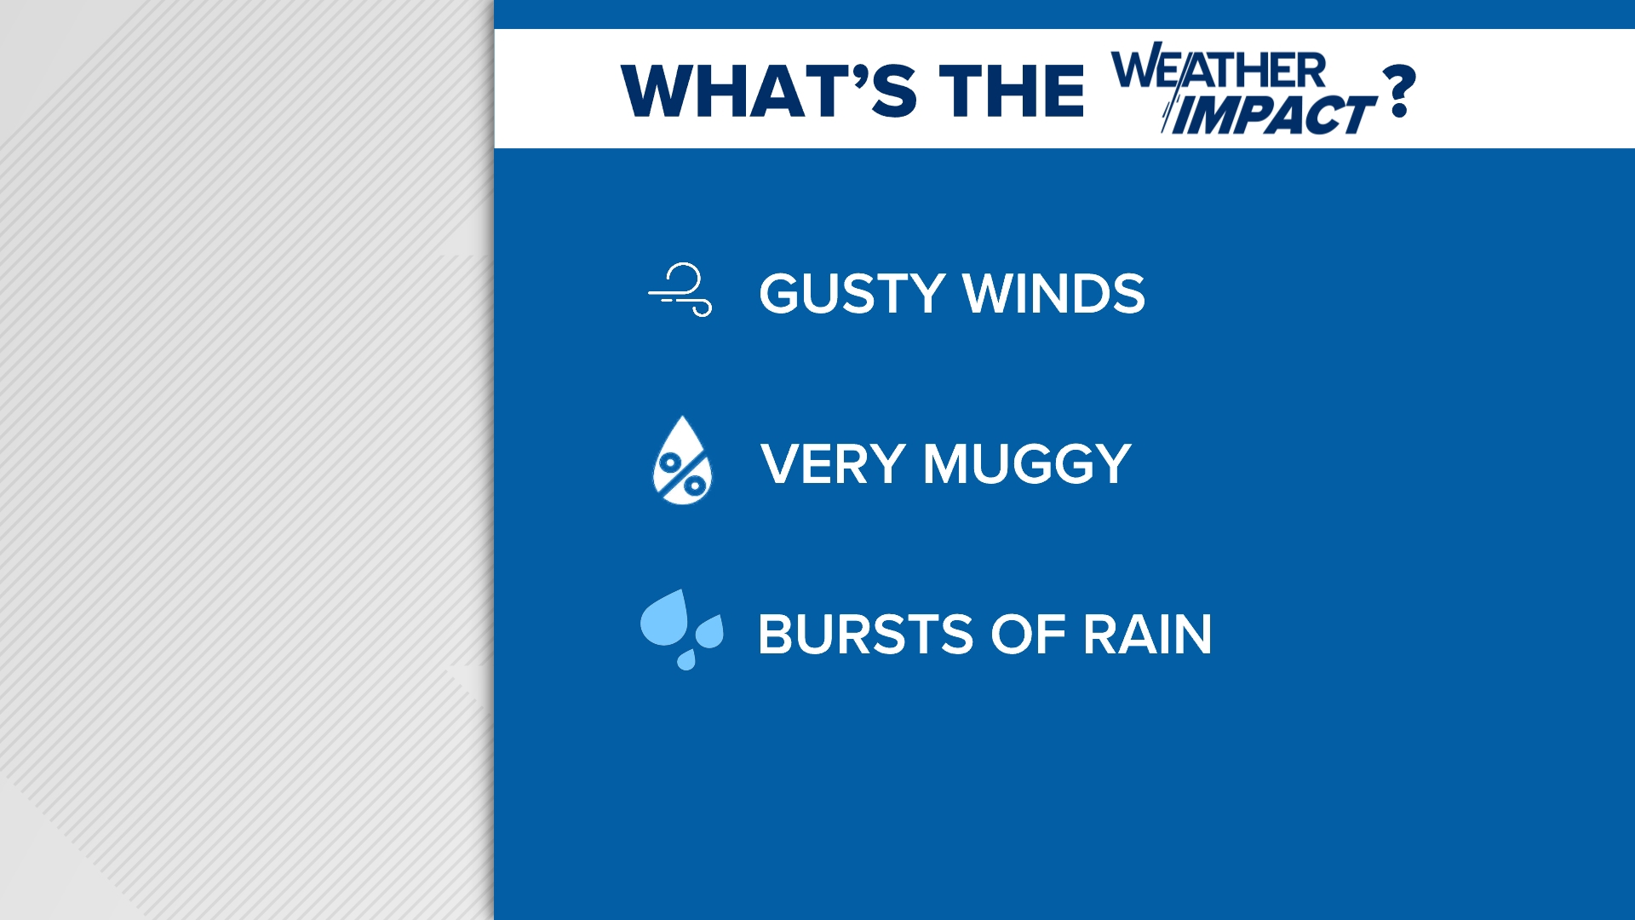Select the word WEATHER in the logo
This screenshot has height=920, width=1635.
[1219, 70]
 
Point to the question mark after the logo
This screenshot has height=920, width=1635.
[1399, 91]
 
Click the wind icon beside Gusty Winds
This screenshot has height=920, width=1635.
[680, 290]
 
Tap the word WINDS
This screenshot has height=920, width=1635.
[1054, 294]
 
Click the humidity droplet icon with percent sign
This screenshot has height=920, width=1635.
[682, 462]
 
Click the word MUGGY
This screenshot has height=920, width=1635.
[1027, 464]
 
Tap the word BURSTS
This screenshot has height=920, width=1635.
[865, 635]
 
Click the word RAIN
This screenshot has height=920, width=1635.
[1147, 635]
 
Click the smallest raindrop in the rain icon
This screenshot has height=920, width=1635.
[686, 659]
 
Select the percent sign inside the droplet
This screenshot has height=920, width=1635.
[683, 474]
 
